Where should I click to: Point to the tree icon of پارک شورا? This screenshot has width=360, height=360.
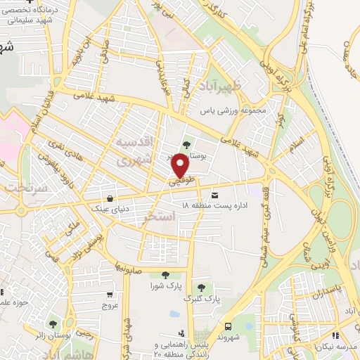click(x=165, y=276)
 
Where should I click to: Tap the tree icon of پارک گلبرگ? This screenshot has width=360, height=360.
click(x=202, y=287)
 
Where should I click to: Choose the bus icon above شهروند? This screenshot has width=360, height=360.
click(x=229, y=326)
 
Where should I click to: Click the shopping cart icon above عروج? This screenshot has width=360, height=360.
click(x=110, y=295)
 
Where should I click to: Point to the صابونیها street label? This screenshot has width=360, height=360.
click(x=131, y=265)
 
